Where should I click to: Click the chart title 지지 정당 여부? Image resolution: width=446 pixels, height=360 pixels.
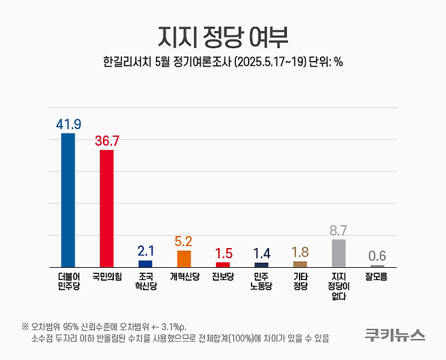pyautogui.click(x=223, y=35)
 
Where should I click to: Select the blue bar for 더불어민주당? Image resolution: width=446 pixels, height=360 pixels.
pyautogui.click(x=68, y=200)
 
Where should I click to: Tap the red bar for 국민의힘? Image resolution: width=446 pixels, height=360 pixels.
pyautogui.click(x=106, y=208)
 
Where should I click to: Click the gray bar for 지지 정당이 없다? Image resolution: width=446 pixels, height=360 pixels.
pyautogui.click(x=338, y=253)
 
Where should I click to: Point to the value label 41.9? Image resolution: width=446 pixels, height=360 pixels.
pyautogui.click(x=68, y=124)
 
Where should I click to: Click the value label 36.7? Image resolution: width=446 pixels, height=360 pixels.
pyautogui.click(x=106, y=141)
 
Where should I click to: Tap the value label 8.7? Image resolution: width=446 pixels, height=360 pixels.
pyautogui.click(x=338, y=231)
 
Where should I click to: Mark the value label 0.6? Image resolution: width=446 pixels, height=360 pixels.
pyautogui.click(x=377, y=256)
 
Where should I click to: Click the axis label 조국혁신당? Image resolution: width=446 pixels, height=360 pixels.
pyautogui.click(x=145, y=281)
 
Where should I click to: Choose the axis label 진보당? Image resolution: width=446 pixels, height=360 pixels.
pyautogui.click(x=222, y=277)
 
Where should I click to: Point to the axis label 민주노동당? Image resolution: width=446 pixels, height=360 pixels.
pyautogui.click(x=261, y=281)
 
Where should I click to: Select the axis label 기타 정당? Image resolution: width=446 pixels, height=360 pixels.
pyautogui.click(x=300, y=281)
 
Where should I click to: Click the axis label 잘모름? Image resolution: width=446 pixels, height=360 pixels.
pyautogui.click(x=377, y=277)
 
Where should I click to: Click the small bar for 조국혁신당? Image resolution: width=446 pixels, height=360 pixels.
pyautogui.click(x=145, y=263)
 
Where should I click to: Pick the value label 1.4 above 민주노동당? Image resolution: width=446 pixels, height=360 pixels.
pyautogui.click(x=261, y=254)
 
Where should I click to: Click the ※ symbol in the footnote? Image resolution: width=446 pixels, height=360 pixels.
pyautogui.click(x=24, y=325)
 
